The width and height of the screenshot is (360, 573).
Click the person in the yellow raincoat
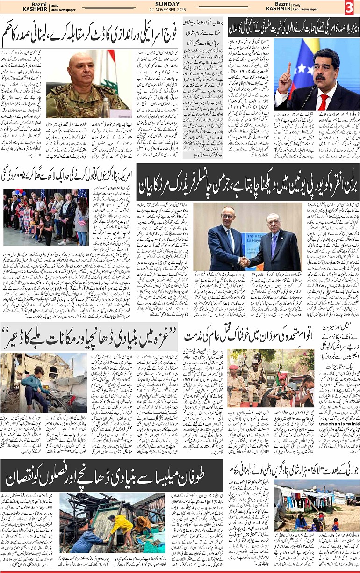pos(122,524)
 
